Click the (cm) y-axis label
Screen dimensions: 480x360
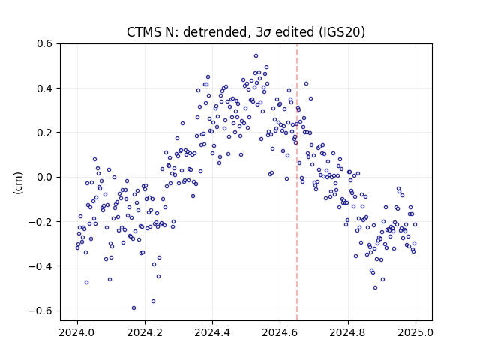[x=18, y=183]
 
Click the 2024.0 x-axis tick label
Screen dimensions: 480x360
[x=77, y=332]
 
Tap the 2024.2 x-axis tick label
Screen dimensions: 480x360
[x=145, y=332]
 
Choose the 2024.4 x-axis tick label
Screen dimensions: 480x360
[x=212, y=332]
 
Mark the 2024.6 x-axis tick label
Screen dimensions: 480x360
[x=280, y=332]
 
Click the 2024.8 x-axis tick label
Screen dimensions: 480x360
[x=348, y=332]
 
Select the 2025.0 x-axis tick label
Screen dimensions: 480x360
[x=415, y=332]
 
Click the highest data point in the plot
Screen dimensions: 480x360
[x=256, y=55]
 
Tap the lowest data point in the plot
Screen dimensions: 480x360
[x=133, y=308]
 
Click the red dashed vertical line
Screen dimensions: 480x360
[x=297, y=181]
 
